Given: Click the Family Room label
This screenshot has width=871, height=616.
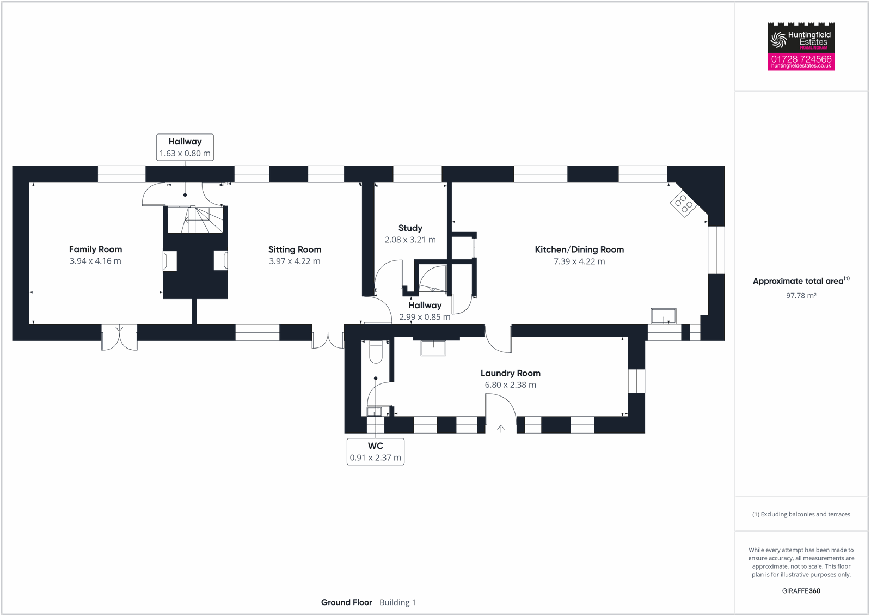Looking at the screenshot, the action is pos(96,249).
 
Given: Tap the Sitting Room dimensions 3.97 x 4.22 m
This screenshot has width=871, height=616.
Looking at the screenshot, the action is pos(295,261).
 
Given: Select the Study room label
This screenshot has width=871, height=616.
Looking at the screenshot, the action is pos(410,228).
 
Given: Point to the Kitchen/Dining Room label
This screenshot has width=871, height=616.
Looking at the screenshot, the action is pos(579,249).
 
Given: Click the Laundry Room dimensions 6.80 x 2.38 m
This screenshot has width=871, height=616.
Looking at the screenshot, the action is pos(511,385).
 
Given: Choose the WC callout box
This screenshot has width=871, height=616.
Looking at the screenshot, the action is pos(376,452).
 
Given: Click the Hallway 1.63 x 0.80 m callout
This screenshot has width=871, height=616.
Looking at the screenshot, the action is pos(185,147).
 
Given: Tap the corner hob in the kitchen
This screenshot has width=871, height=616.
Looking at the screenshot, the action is pos(683,203).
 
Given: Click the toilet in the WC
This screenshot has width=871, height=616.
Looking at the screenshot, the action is pos(376,352).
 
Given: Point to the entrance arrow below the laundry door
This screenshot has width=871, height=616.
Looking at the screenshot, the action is pos(501,429).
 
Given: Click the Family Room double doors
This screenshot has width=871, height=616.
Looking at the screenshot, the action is pos(119,337).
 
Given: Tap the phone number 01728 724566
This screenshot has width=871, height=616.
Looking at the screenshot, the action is pos(801,59).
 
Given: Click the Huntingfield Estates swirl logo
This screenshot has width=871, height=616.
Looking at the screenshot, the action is pos(778,40).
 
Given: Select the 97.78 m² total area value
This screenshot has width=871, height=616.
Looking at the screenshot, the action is pos(801,295).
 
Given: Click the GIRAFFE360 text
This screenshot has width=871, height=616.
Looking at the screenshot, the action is pos(801,591).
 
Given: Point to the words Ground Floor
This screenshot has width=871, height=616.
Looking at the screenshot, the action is pos(346,602).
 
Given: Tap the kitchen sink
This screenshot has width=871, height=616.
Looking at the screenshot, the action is pos(664,316).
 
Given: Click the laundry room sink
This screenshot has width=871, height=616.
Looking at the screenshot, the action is pos(433,348).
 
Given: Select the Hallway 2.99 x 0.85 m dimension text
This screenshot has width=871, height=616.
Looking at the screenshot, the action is pos(425,317).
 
